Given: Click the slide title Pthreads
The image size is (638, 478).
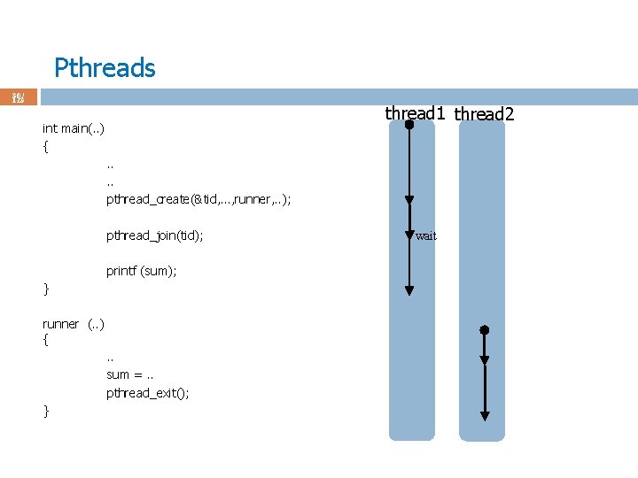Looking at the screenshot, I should (x=105, y=68).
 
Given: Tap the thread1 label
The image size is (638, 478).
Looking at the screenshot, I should (x=415, y=113).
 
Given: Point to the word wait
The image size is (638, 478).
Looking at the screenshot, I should (x=426, y=236).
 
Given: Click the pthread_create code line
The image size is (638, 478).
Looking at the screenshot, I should (x=198, y=199).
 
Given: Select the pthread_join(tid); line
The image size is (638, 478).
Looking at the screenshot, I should (x=155, y=235).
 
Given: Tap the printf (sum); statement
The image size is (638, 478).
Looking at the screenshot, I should (x=142, y=271).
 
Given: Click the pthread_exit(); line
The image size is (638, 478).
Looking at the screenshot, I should (x=148, y=393).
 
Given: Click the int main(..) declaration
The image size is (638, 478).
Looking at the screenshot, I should (x=74, y=129).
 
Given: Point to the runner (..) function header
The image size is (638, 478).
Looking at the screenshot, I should (x=74, y=324).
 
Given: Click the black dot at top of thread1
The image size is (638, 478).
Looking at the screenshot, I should (x=409, y=125).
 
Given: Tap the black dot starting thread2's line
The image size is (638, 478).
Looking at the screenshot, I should (x=485, y=330).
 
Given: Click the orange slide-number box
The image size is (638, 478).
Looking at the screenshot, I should (x=19, y=97).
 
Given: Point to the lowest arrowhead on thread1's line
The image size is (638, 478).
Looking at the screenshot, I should (x=409, y=289).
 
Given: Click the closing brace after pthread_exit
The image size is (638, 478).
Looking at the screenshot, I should (x=46, y=411).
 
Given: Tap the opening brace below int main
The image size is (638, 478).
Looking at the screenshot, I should (x=46, y=147).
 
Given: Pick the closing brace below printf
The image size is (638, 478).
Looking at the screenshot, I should (x=46, y=289).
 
